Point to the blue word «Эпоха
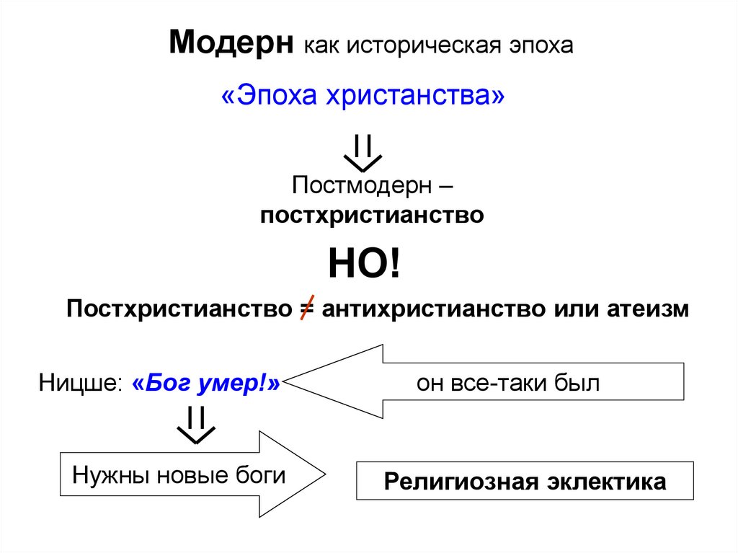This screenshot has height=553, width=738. (271, 96)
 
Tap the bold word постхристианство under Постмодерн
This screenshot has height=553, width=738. (372, 215)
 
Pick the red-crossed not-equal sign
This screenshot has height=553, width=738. (306, 309)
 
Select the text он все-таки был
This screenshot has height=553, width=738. (507, 383)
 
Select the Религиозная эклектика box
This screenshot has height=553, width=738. (525, 481)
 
